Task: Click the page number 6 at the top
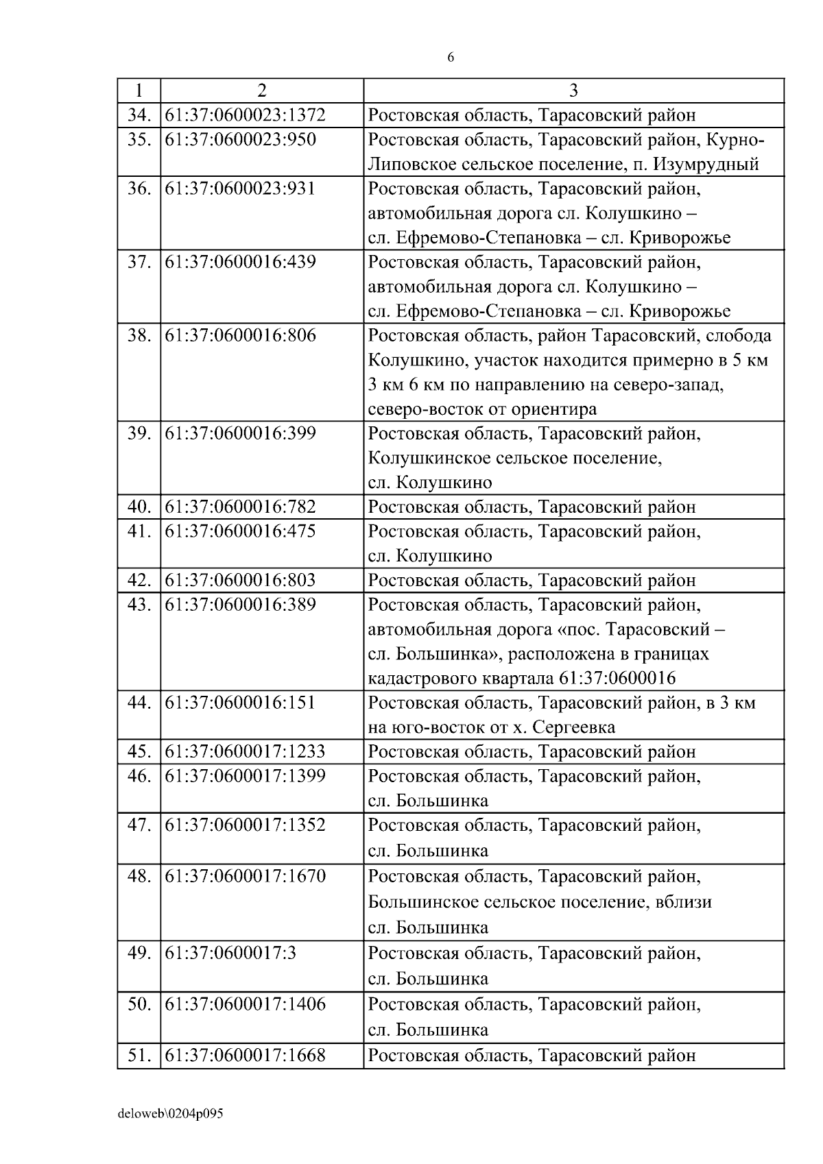tap(451, 58)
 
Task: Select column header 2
tap(261, 90)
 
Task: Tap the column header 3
tap(573, 90)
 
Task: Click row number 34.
tap(139, 115)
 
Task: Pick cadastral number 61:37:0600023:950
tap(241, 140)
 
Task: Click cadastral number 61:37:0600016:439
tap(241, 262)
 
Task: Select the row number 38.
tap(139, 336)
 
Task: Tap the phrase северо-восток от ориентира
tap(482, 409)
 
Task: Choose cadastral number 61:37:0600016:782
tap(241, 507)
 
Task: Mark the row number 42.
tap(139, 581)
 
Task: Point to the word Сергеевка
tap(574, 727)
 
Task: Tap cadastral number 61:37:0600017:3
tap(230, 953)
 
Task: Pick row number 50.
tap(139, 1004)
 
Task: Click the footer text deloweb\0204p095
tap(171, 1114)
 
